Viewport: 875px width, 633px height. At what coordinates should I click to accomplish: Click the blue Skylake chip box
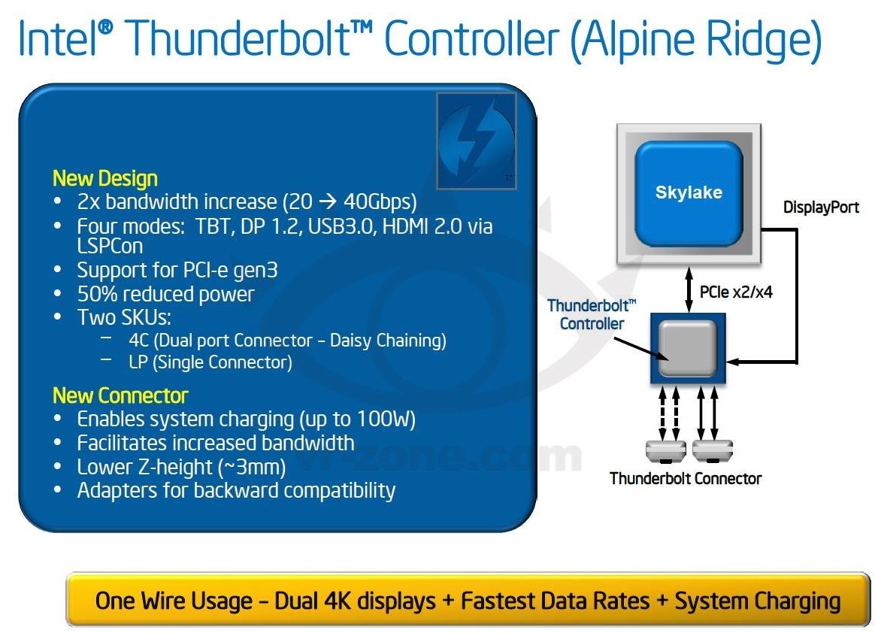(x=688, y=192)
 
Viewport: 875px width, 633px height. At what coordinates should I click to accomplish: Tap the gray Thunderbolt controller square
(x=687, y=347)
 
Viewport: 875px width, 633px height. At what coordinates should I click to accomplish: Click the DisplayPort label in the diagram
(x=820, y=207)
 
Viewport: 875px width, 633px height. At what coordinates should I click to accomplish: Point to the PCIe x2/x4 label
(x=735, y=292)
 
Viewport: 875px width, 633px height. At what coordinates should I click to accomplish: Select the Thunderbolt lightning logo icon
(x=476, y=140)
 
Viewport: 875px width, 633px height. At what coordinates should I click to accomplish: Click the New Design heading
(x=105, y=179)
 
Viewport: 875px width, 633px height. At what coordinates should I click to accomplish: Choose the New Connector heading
(x=120, y=395)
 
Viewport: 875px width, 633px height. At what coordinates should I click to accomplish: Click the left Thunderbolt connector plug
(x=665, y=451)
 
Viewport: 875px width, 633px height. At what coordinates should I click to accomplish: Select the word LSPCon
(x=110, y=246)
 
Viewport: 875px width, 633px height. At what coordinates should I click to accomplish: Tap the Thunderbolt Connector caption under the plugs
(x=685, y=479)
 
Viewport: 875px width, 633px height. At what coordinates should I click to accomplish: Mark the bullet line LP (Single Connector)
(x=210, y=362)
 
